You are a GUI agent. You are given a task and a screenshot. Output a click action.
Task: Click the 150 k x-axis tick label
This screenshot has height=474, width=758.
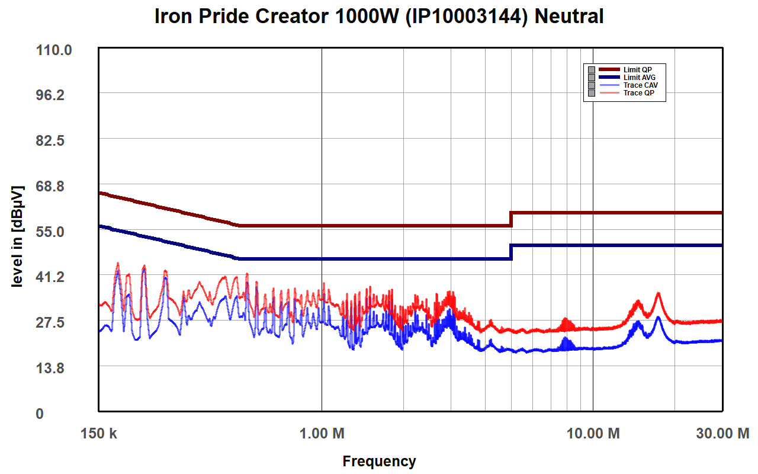pyautogui.click(x=99, y=434)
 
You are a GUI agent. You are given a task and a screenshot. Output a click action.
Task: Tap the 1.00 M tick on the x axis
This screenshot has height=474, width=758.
pyautogui.click(x=322, y=434)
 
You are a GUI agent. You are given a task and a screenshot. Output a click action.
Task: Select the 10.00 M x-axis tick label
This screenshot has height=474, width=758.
pyautogui.click(x=593, y=434)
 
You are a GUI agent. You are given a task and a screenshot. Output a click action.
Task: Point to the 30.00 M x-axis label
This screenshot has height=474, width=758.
pyautogui.click(x=722, y=434)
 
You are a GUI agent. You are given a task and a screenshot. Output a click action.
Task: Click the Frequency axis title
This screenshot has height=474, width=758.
pyautogui.click(x=379, y=461)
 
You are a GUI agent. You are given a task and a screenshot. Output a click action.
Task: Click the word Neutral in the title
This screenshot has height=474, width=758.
pyautogui.click(x=568, y=17)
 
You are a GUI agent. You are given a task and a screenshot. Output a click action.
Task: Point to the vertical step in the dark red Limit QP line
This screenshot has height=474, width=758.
pyautogui.click(x=511, y=219)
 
